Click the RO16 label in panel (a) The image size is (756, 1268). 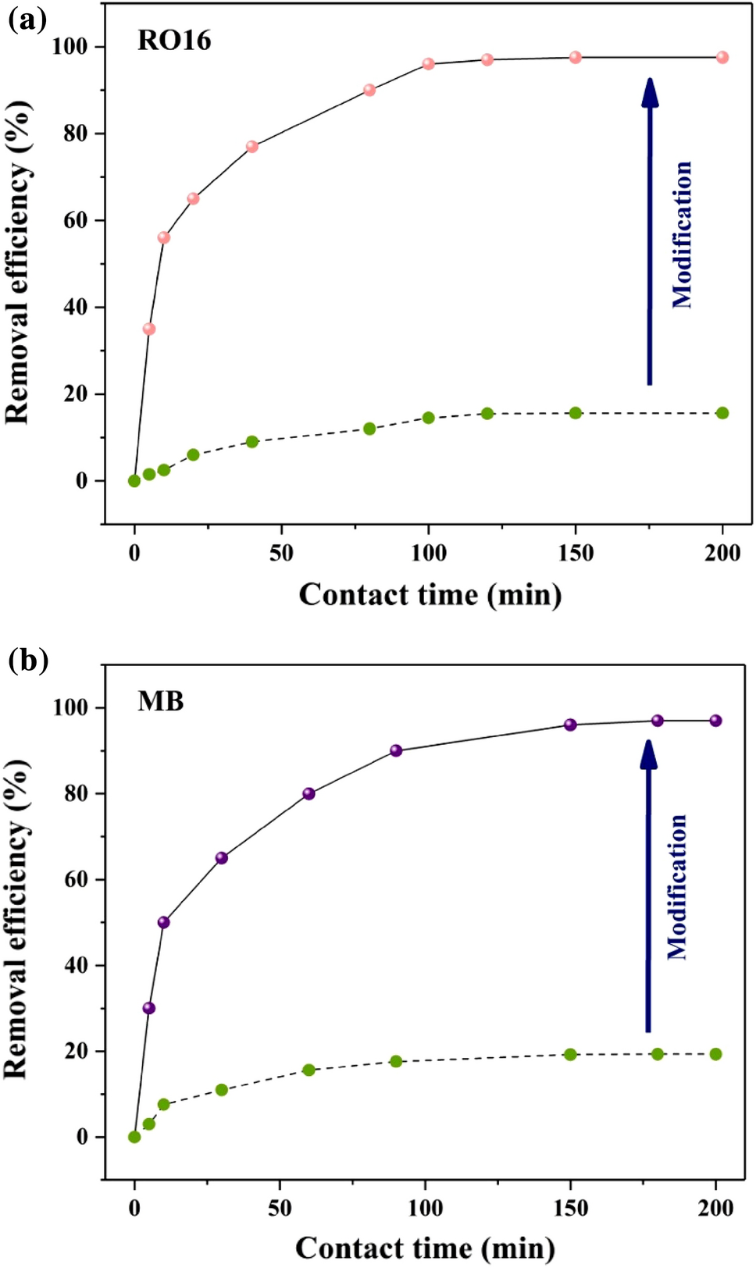click(174, 41)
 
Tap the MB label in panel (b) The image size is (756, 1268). click(161, 701)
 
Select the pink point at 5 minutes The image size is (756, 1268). click(148, 329)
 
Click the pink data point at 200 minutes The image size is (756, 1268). click(722, 57)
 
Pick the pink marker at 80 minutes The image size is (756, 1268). click(369, 90)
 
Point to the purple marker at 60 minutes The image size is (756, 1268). click(308, 793)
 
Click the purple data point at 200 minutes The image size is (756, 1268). click(715, 721)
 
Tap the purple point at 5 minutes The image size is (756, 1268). click(148, 1008)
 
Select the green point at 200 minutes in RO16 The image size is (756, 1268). click(722, 413)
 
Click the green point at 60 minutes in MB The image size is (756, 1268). click(308, 1070)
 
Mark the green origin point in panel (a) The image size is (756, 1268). click(134, 481)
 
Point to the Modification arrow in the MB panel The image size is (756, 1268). click(648, 886)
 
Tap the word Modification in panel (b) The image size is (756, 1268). click(677, 886)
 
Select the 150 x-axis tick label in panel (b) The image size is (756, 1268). click(570, 1209)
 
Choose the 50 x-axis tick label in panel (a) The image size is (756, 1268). click(281, 553)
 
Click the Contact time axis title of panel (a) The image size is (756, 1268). click(430, 595)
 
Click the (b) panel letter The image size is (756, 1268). click(28, 661)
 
